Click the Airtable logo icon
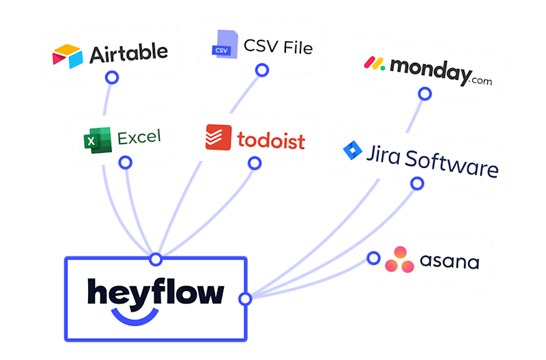[x=68, y=54]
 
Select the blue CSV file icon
[x=222, y=42]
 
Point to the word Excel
[x=139, y=137]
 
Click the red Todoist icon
[x=218, y=137]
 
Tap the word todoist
[x=271, y=140]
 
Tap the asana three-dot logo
[x=399, y=260]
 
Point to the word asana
[x=449, y=262]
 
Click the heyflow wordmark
[x=156, y=292]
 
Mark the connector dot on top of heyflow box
[x=156, y=260]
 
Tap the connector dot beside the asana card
[x=373, y=258]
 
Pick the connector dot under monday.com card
[x=425, y=93]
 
